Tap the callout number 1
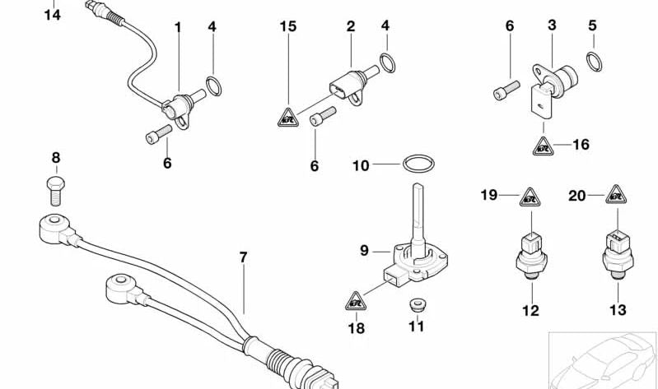coord(177,27)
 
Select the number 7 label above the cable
coord(243,257)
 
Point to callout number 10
coord(361,165)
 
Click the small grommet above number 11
coord(416,305)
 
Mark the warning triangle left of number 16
coord(543,146)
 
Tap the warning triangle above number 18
coord(356,301)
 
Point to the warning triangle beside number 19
coord(529,197)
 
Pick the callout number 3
coord(552,26)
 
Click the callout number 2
coord(350,26)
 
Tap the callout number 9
coord(363,249)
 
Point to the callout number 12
coord(530,310)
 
